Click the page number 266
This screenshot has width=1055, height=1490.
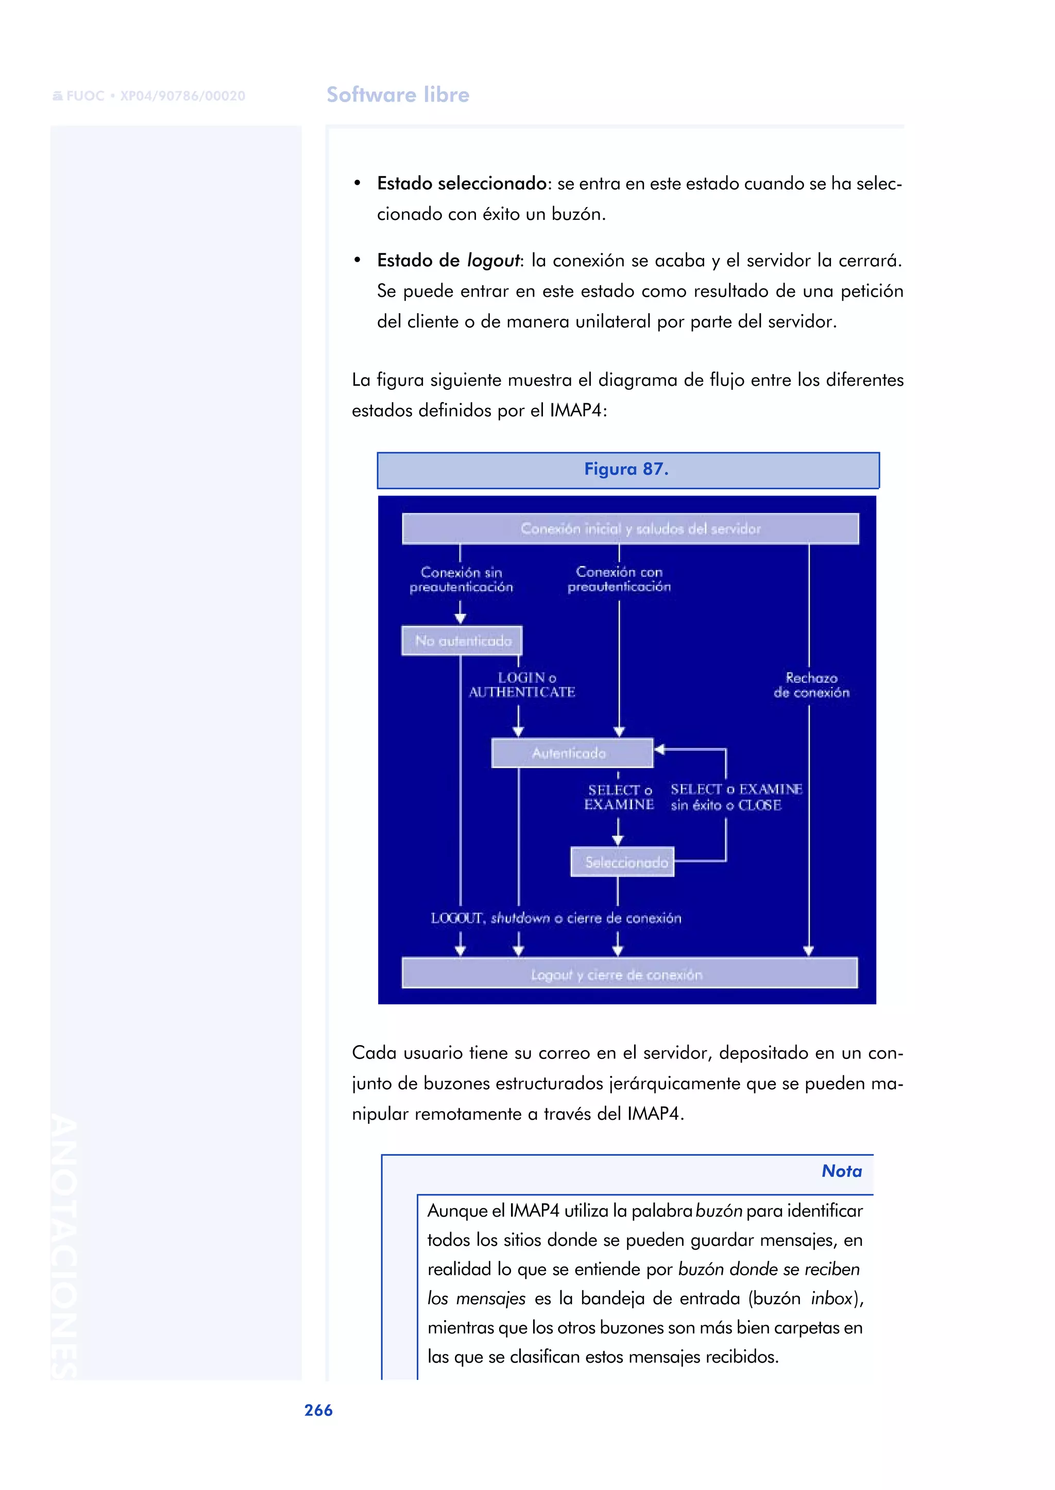tap(318, 1410)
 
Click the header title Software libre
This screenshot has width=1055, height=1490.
tap(398, 95)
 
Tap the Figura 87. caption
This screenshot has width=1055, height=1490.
tap(627, 469)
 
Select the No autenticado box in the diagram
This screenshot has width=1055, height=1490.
tap(462, 640)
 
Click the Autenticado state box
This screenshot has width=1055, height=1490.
tap(572, 753)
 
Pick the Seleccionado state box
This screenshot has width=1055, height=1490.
tap(622, 862)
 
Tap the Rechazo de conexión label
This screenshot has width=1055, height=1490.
tap(811, 685)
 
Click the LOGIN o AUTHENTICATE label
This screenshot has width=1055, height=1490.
tap(523, 685)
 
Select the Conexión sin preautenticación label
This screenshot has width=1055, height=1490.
tap(461, 579)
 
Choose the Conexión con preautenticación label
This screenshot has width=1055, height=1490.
tap(619, 579)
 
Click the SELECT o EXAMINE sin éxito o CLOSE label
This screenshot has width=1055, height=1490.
tap(736, 797)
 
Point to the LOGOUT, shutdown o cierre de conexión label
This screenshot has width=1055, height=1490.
tap(556, 918)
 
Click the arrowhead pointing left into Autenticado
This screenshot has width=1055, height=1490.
tap(659, 749)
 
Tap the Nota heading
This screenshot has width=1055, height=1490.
tap(841, 1171)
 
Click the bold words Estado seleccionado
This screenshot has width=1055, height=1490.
tap(461, 184)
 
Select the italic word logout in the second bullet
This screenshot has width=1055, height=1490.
tap(493, 261)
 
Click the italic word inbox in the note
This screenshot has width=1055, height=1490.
tap(831, 1298)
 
